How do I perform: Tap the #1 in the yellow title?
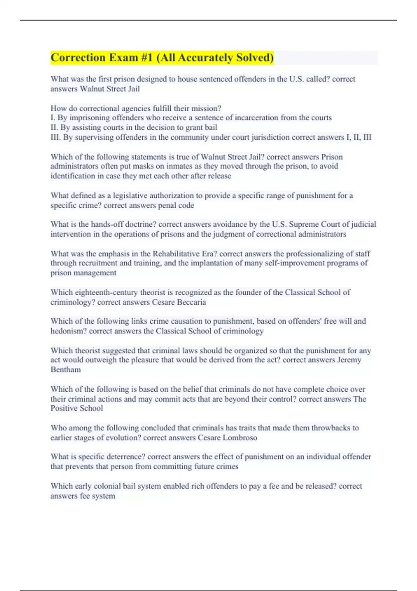tap(147, 57)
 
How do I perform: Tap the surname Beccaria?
tap(191, 302)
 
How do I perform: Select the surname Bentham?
tap(66, 369)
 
